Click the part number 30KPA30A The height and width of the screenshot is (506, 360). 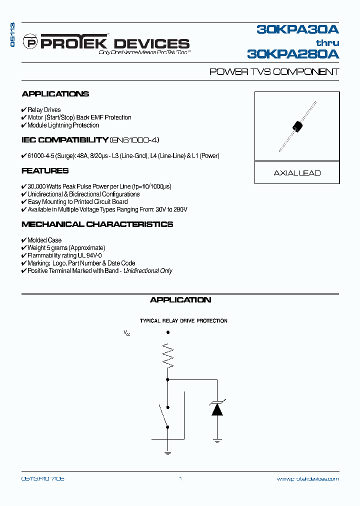tap(297, 30)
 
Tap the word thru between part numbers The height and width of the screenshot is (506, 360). tap(327, 42)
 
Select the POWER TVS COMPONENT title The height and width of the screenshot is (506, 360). tap(274, 72)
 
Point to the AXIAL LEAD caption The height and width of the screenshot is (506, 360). tap(297, 173)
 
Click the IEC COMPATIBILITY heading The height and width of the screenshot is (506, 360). tap(65, 140)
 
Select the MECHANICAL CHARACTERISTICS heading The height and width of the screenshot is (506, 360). tap(97, 224)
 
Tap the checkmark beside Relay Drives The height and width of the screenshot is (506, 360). tap(24, 110)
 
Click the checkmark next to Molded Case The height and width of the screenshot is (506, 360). tap(24, 240)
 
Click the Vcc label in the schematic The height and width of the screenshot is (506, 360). tap(127, 332)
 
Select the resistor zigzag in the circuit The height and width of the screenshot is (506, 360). tap(167, 355)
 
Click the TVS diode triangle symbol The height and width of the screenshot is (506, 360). tap(217, 409)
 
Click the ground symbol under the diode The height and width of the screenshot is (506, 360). tap(217, 441)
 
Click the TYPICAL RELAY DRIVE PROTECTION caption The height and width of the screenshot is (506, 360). tap(183, 321)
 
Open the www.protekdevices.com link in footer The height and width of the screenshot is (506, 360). tap(307, 478)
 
